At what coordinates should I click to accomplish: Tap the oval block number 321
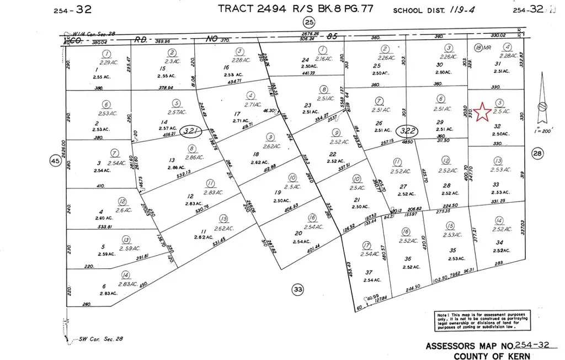(191, 131)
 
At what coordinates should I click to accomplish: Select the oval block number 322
(408, 131)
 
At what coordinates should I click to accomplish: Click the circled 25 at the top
(309, 22)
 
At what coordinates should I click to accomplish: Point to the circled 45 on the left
(55, 161)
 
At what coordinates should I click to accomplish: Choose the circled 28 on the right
(538, 154)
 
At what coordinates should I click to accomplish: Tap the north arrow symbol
(542, 105)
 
